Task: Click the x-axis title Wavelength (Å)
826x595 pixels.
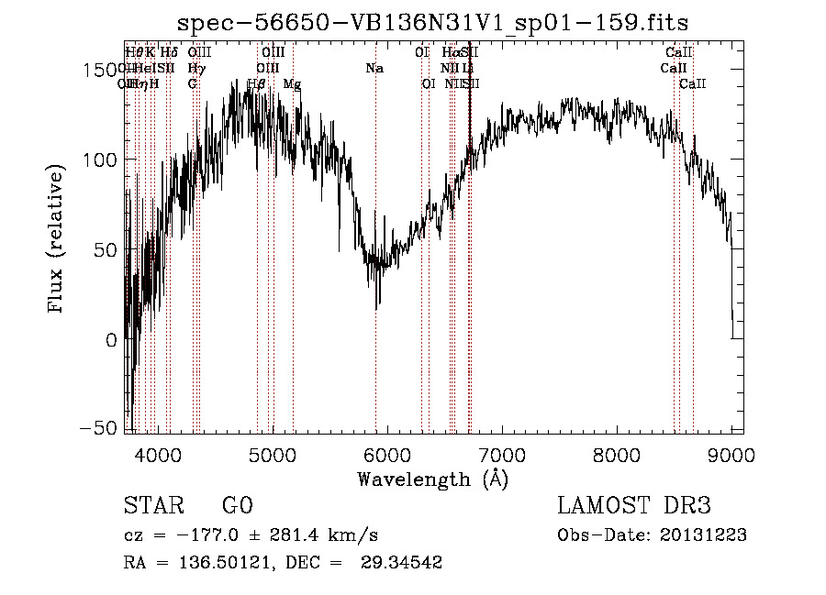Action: coord(432,479)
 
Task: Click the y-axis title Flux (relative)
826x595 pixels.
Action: coord(57,241)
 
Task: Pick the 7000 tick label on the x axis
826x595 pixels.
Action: coord(502,454)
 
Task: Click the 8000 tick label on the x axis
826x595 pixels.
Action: coord(617,454)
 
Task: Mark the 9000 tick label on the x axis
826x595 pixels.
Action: coord(731,454)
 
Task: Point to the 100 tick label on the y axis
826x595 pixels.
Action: coord(99,160)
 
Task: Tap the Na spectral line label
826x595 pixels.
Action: coord(374,69)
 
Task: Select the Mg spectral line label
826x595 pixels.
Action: coord(292,84)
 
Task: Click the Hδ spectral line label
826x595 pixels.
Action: coord(169,53)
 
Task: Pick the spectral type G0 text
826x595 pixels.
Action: coord(237,507)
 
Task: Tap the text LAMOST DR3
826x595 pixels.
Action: coord(634,507)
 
